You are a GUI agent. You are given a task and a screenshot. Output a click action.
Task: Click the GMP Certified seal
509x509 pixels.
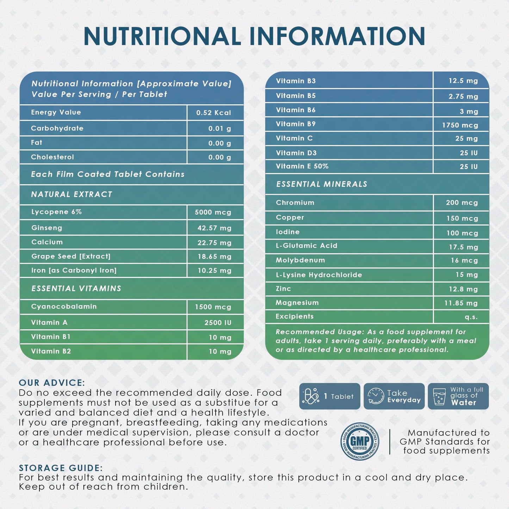coord(360,441)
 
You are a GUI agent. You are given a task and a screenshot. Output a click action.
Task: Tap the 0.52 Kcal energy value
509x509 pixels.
coord(213,113)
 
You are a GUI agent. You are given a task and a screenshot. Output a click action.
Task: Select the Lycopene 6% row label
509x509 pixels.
coord(56,212)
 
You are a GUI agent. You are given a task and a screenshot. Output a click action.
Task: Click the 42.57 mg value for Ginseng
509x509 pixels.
coord(214,228)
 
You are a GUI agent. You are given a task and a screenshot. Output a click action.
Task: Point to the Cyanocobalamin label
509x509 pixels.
coord(64,306)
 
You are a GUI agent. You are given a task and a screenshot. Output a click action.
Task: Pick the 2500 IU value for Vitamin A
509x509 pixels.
coord(218,322)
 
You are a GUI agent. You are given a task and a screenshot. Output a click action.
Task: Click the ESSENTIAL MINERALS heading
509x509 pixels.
coord(322,184)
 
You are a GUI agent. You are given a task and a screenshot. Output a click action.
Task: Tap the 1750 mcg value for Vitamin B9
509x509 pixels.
coord(460,125)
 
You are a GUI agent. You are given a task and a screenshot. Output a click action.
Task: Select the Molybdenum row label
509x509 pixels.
coord(300,260)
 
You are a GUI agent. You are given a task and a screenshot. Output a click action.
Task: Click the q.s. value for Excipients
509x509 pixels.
coord(471,317)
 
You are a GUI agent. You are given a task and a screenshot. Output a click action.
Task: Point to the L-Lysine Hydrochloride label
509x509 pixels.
coord(319,275)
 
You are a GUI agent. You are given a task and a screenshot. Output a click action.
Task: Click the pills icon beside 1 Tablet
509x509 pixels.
coord(310,396)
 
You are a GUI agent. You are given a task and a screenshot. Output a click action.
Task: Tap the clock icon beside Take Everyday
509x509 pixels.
coord(375,396)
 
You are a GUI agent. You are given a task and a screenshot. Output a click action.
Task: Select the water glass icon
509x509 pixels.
coord(439,397)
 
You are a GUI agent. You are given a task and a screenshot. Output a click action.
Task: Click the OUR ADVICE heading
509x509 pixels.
coord(52,383)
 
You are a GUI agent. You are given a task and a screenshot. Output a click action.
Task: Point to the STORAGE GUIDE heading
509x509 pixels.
coord(61,468)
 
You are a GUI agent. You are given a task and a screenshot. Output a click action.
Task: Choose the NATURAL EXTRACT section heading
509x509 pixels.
coord(72,194)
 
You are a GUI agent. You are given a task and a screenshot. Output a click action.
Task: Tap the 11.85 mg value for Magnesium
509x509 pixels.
coord(461,303)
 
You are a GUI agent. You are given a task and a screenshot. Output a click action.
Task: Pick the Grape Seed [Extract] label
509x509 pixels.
coord(71,256)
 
